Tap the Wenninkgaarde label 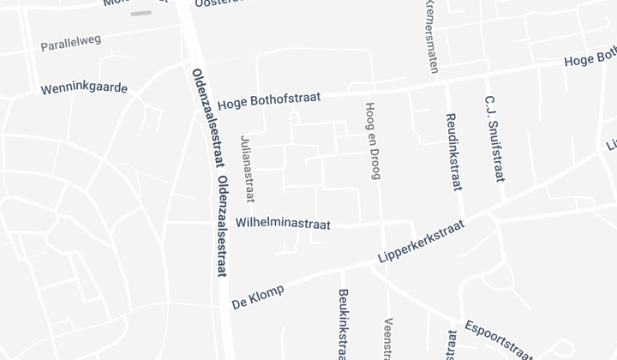pyautogui.click(x=84, y=88)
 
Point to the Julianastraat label pyautogui.click(x=249, y=169)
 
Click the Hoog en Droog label pyautogui.click(x=372, y=142)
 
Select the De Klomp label pyautogui.click(x=257, y=297)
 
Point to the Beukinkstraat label pyautogui.click(x=343, y=323)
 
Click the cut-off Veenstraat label pyautogui.click(x=388, y=339)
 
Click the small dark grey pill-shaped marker pyautogui.click(x=141, y=14)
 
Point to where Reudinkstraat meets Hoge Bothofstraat pyautogui.click(x=446, y=83)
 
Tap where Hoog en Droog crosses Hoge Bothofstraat pyautogui.click(x=369, y=92)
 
